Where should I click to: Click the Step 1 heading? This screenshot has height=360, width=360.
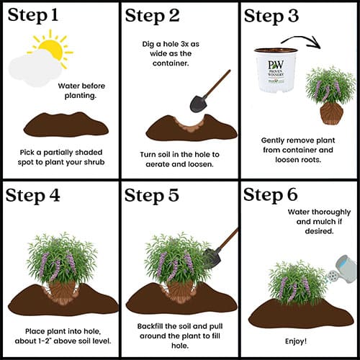33,16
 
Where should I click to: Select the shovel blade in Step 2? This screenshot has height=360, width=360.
198,104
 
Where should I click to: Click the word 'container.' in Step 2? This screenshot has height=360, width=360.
171,63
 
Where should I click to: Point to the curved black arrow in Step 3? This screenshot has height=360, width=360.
301,41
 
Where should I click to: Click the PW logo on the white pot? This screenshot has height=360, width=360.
276,65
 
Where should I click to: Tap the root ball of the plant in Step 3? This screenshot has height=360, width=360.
331,114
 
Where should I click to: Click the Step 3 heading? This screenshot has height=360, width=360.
271,17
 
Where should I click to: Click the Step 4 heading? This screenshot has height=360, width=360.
32,196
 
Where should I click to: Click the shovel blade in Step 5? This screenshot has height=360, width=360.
212,258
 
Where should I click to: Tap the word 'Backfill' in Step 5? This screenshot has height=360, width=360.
150,326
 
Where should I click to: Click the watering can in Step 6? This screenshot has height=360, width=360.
342,269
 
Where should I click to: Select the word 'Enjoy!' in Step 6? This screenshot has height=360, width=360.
296,341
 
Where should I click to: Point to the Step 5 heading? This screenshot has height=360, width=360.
152,196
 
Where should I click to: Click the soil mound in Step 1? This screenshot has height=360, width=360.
66,125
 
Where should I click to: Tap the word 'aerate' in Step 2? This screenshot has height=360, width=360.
158,164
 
